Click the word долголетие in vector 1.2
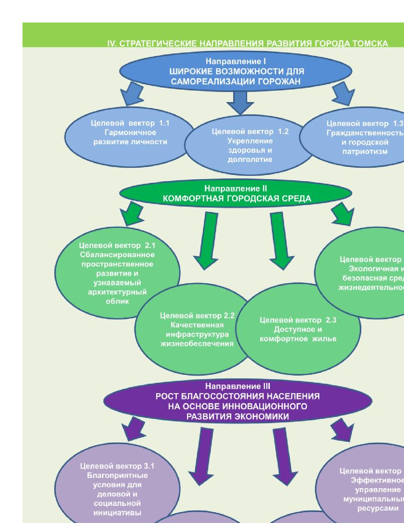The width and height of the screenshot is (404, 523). [x=250, y=159]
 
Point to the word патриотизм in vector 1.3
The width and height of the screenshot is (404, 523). [x=365, y=152]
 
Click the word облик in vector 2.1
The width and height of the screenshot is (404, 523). [x=117, y=301]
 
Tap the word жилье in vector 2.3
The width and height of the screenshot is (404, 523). [x=324, y=339]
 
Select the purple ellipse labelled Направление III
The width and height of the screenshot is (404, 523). [x=238, y=401]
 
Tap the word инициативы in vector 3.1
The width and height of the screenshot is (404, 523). [x=117, y=513]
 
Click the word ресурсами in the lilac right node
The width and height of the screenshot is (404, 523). [x=378, y=508]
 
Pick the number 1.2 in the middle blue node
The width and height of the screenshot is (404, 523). [x=283, y=132]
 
